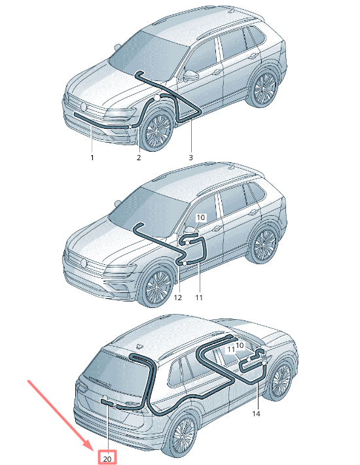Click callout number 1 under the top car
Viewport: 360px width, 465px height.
pyautogui.click(x=92, y=158)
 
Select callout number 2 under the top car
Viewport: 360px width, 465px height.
pyautogui.click(x=139, y=158)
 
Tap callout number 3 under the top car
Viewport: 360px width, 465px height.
pyautogui.click(x=191, y=158)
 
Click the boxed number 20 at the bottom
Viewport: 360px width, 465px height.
pyautogui.click(x=107, y=458)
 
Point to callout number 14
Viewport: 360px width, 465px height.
pyautogui.click(x=256, y=413)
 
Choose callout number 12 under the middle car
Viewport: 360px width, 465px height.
pyautogui.click(x=177, y=297)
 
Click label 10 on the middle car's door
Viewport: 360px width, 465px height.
pyautogui.click(x=201, y=217)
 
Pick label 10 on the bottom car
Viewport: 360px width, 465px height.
pyautogui.click(x=239, y=345)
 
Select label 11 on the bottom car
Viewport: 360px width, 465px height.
pyautogui.click(x=231, y=350)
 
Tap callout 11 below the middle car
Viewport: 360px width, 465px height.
pyautogui.click(x=199, y=297)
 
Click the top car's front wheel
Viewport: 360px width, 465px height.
pyautogui.click(x=156, y=129)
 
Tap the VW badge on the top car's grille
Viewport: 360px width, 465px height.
pyautogui.click(x=84, y=107)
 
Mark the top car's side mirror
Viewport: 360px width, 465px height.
pyautogui.click(x=190, y=75)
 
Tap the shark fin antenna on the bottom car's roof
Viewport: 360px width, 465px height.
pyautogui.click(x=139, y=346)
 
